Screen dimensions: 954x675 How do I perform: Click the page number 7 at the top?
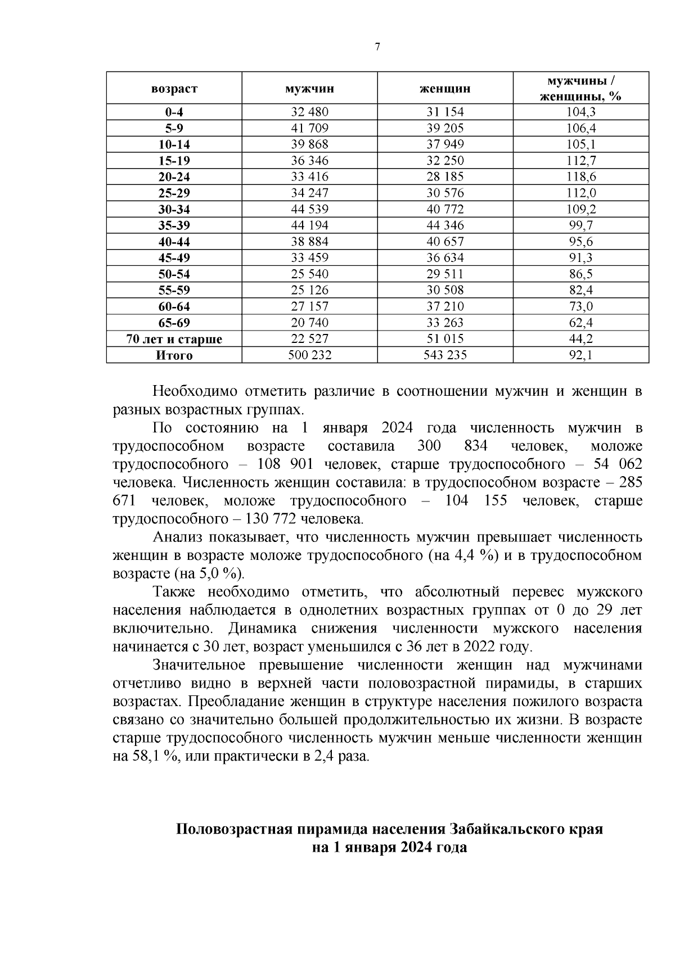coord(377,47)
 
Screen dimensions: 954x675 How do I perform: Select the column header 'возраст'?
coord(174,88)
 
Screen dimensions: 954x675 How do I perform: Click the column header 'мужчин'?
coord(309,88)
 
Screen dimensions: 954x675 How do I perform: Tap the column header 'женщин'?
coord(445,88)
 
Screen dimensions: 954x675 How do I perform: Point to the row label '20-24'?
coord(174,177)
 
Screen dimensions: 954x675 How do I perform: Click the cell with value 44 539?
coord(309,210)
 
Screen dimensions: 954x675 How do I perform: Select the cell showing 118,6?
coord(580,177)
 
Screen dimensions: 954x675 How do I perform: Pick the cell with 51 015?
coord(445,339)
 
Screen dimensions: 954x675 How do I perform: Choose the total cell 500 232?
coord(309,355)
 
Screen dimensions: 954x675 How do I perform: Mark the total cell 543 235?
coord(445,355)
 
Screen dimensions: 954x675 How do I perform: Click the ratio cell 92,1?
coord(580,355)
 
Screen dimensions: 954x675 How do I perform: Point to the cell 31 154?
coord(445,112)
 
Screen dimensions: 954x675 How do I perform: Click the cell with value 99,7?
coord(580,226)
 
